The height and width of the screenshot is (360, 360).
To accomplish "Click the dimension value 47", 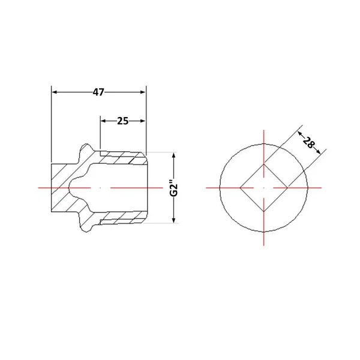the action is (98, 92).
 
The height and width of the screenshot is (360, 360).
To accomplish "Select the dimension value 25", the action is (123, 121).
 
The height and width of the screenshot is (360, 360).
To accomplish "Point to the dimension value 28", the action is (308, 142).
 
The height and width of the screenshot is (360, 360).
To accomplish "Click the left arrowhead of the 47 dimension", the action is (54, 92).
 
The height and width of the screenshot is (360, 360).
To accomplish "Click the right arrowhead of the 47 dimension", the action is (143, 92).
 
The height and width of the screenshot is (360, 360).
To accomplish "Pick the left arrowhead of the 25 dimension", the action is (103, 121).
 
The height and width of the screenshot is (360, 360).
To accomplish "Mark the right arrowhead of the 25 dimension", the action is (143, 121).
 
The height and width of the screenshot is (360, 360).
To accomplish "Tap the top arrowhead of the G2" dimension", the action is (174, 155).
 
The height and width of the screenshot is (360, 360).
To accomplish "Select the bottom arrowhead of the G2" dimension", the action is (174, 220).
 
